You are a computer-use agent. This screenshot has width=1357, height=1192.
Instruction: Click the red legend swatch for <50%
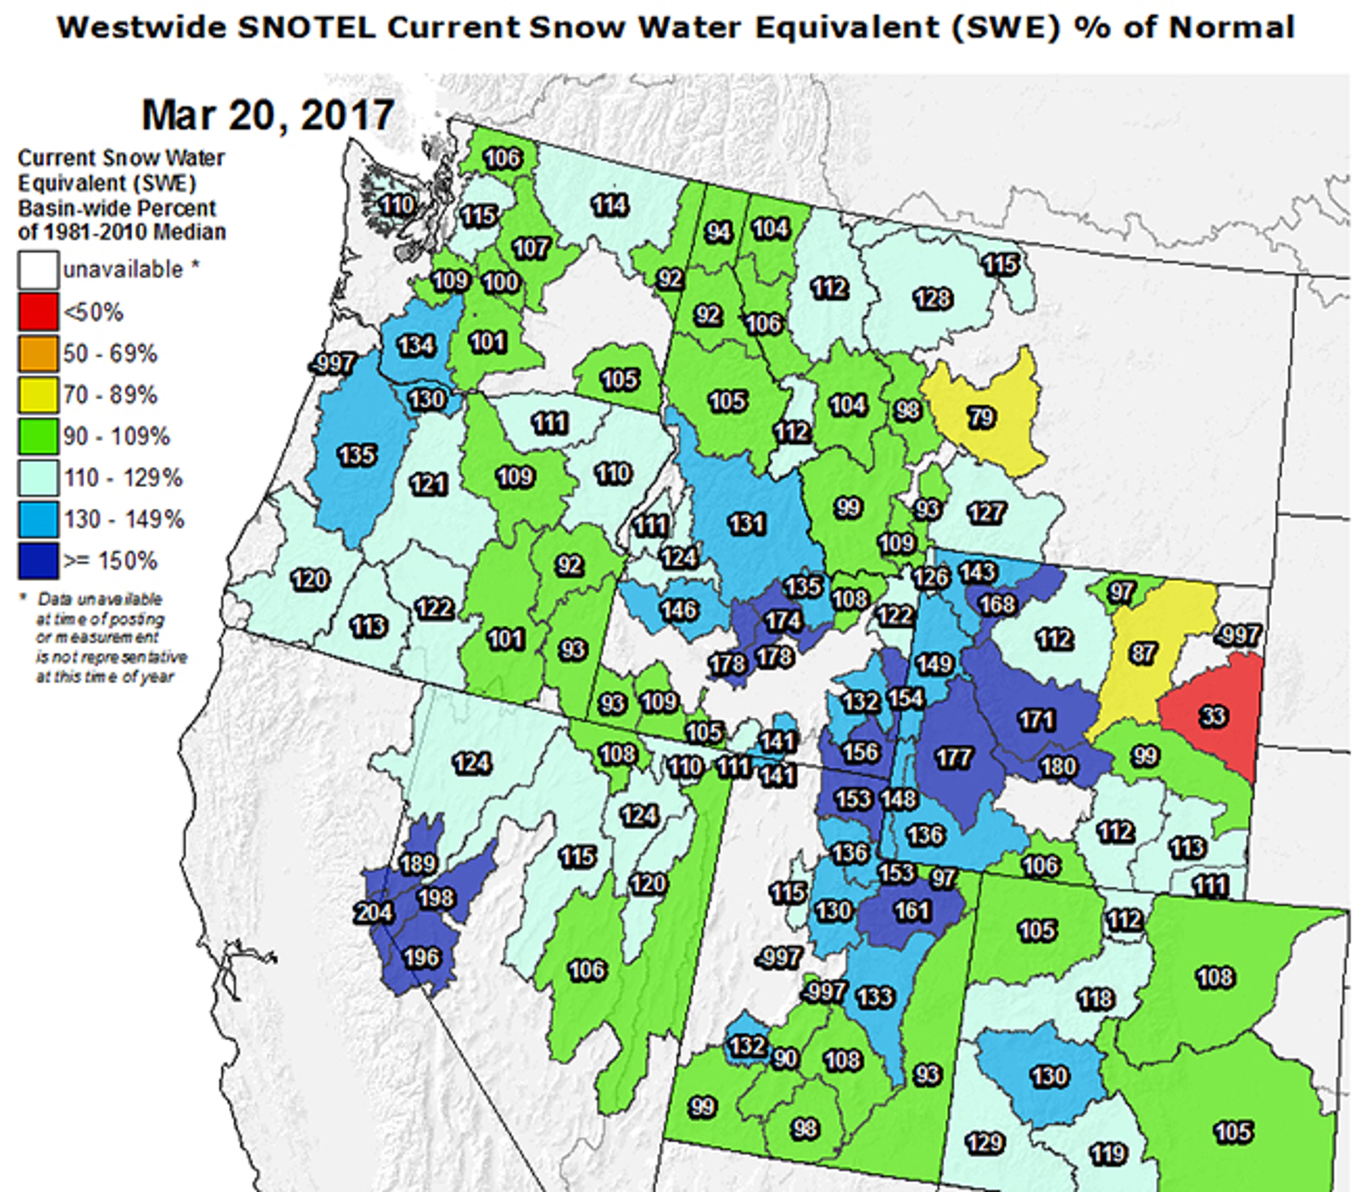tap(38, 311)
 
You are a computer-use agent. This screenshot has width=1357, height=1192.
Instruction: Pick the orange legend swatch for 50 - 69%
tap(38, 353)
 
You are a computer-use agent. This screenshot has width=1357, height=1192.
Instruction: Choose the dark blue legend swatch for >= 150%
tap(38, 561)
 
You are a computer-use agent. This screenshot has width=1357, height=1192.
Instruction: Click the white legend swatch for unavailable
tap(38, 270)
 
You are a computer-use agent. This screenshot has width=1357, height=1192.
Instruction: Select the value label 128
tap(933, 299)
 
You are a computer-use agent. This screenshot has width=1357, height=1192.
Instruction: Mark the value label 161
tap(912, 910)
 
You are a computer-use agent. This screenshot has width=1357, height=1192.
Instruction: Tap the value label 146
tap(678, 610)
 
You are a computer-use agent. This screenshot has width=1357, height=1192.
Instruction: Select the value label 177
tap(954, 758)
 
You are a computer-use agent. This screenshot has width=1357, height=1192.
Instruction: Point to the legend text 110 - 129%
tap(123, 478)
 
